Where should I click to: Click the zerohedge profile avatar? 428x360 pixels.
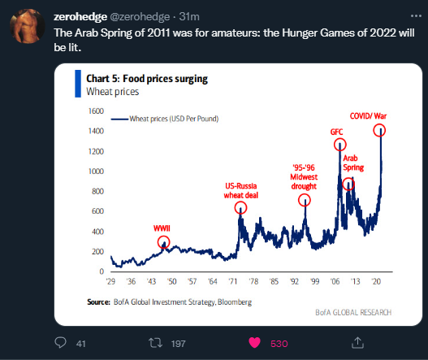coord(27,26)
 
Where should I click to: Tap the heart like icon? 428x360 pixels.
coord(254,343)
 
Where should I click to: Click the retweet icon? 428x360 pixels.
coord(155,343)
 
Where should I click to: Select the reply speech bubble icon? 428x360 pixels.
coord(60,343)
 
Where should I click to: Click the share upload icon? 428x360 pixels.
coord(357,343)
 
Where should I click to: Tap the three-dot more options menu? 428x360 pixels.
coord(416,16)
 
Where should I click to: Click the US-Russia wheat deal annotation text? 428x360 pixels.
coord(240,191)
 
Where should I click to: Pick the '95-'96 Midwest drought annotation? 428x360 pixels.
coord(304,177)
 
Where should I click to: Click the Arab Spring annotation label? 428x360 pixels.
coord(353,163)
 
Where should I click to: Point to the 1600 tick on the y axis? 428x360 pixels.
coord(96,111)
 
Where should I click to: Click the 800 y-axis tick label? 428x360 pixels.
coord(97,191)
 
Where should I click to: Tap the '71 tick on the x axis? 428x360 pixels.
coord(233,281)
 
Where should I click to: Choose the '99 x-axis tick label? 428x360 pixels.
coord(314,281)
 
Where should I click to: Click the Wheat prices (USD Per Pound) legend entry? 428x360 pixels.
coord(165,119)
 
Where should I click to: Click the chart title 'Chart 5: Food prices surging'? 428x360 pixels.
coord(147,79)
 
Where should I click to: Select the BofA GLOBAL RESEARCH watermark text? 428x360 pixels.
coord(353,312)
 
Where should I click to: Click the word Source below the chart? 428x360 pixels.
coord(98,301)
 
